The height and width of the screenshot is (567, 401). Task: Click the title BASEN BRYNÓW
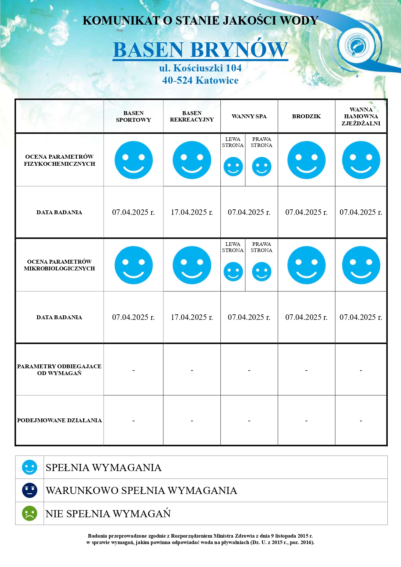pos(200,50)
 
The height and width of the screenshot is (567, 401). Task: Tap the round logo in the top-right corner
pos(358,46)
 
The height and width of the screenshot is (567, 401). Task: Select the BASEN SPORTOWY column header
pos(133,116)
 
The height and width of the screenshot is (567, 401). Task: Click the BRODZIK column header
pos(306,116)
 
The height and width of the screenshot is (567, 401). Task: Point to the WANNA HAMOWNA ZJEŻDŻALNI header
pos(361,116)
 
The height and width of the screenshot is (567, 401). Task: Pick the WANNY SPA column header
pos(249,116)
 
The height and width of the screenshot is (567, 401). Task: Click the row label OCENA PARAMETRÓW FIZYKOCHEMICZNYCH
pos(59,160)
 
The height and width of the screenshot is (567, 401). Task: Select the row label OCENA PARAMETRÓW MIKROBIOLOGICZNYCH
pos(59,265)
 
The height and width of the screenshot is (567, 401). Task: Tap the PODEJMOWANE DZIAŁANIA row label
pos(59,420)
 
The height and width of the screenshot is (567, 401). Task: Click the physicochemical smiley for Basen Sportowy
pos(133,160)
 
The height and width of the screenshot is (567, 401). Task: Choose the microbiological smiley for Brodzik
pos(306,265)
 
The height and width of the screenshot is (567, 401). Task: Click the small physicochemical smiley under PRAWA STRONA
pos(261,167)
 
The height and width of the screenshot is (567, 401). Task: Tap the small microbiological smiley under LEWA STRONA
pos(233,272)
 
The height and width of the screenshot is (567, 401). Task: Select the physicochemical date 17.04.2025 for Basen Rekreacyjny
pos(192,212)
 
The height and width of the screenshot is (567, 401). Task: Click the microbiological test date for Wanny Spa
pos(249,317)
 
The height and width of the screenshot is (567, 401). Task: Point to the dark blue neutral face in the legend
pos(30,490)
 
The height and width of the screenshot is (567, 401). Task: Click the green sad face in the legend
pos(30,513)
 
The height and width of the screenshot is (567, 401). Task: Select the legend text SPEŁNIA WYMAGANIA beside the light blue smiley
pos(103,467)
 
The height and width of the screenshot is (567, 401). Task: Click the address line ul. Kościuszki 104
pos(200,68)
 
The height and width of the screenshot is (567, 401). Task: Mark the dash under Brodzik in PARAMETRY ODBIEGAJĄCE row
pos(306,370)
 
